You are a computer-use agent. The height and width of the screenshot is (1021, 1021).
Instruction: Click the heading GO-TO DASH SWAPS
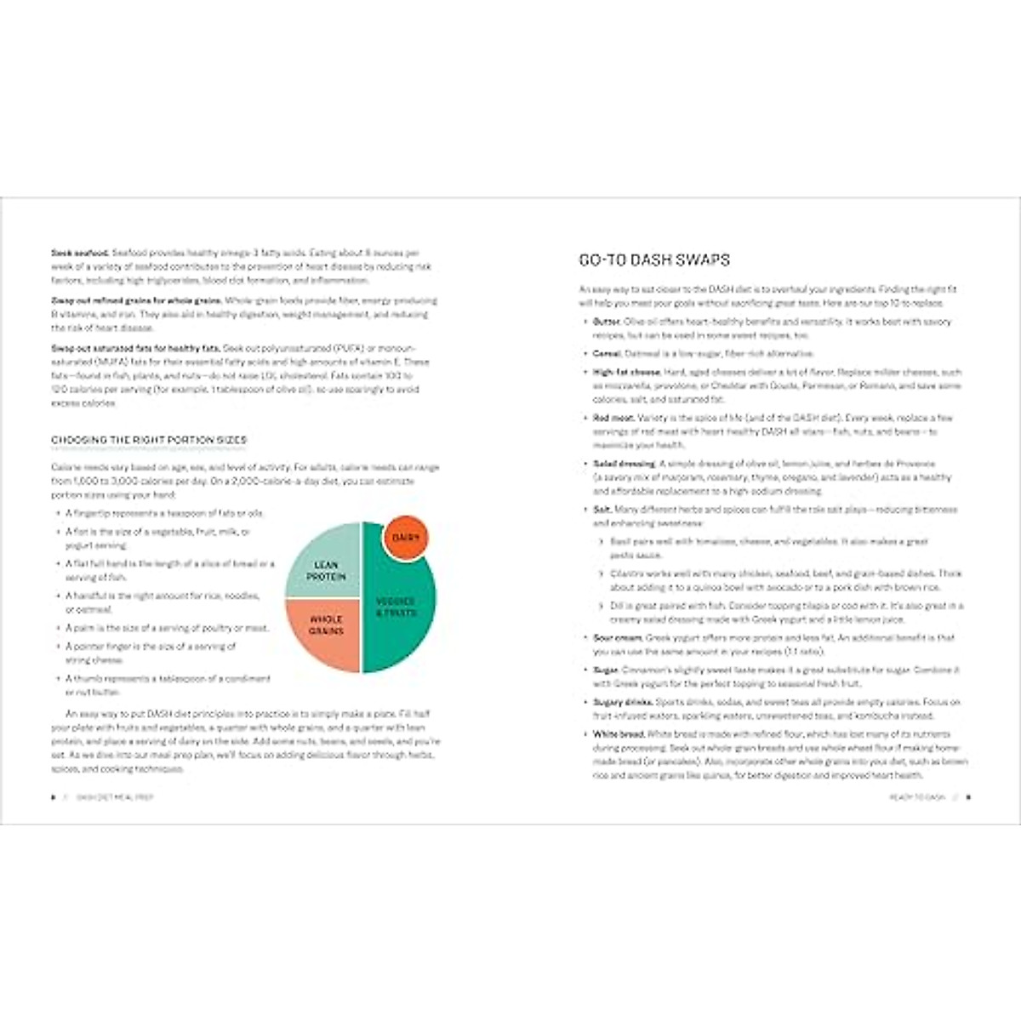point(653,260)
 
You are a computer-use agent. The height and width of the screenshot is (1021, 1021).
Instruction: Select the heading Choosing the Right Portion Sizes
point(149,441)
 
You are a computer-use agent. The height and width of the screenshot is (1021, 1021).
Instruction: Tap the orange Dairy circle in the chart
point(407,539)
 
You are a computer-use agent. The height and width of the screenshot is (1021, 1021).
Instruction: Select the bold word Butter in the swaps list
point(607,322)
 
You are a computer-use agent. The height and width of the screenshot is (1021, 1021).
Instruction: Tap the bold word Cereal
point(607,353)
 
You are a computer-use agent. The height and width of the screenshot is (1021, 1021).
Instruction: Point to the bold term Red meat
point(613,418)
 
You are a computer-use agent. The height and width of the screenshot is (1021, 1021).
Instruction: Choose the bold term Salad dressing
point(624,464)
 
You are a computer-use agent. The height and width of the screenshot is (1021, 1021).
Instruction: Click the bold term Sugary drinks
point(623,702)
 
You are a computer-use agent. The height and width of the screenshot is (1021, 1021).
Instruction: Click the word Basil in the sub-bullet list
point(619,541)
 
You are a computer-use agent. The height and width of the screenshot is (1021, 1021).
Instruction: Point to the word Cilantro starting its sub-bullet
point(625,573)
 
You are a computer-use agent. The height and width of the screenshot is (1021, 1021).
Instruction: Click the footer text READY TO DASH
point(916,798)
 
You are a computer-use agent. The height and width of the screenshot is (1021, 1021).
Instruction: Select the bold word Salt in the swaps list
point(602,509)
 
